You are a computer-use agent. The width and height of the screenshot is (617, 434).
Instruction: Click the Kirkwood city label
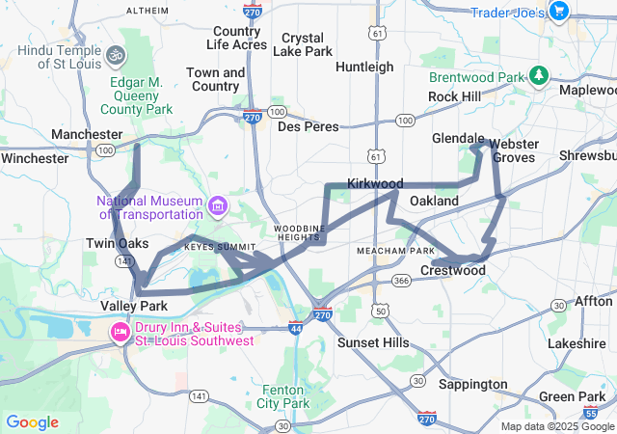(375, 182)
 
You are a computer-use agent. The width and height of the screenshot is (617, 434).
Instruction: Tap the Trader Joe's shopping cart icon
(558, 11)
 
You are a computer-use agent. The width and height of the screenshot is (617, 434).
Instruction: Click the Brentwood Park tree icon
(539, 75)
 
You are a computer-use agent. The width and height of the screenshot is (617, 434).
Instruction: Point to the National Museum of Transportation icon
(218, 205)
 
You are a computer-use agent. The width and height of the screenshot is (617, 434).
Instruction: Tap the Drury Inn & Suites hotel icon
(121, 333)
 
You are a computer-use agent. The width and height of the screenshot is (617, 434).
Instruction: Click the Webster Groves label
(514, 150)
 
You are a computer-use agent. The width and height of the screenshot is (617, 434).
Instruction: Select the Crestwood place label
(453, 271)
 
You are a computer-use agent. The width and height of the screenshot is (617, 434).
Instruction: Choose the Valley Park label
(134, 306)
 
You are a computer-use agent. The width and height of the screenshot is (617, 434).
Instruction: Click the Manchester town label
(87, 134)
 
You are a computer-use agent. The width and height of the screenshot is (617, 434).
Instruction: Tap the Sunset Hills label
(372, 342)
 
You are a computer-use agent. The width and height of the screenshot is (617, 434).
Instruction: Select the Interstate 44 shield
(295, 328)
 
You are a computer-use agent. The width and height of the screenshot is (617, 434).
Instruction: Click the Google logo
(32, 422)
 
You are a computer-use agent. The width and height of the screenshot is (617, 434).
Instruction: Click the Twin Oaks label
(118, 243)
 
